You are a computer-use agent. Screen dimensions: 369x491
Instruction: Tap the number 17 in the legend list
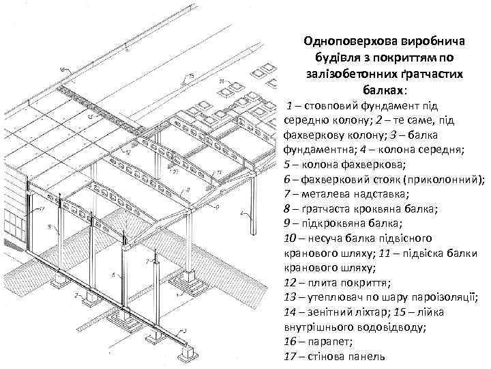[288, 357]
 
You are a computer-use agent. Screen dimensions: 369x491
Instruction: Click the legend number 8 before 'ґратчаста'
[286, 210]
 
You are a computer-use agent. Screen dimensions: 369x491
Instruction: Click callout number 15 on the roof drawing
[192, 74]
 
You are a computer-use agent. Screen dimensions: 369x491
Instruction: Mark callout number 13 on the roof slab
[90, 116]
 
